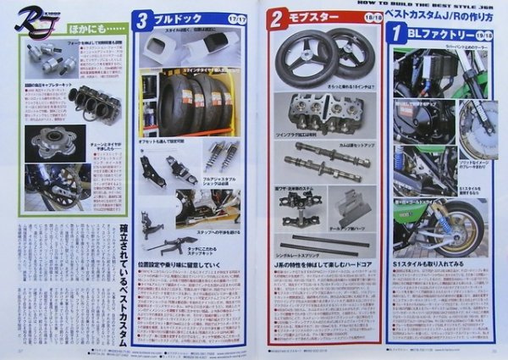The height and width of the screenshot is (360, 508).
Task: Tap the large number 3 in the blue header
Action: point(144,17)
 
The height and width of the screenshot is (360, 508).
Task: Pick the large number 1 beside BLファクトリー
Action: point(395,34)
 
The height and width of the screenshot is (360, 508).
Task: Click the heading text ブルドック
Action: point(171,17)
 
